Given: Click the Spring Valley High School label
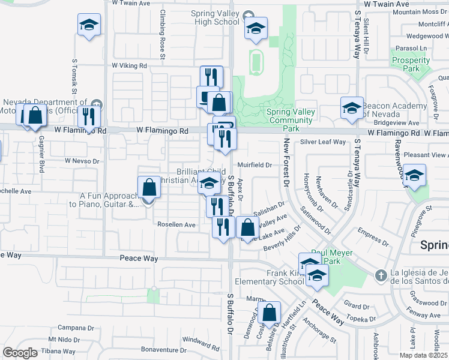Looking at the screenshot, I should tap(214, 18).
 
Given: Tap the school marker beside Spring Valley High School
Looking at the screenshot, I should tap(256, 28).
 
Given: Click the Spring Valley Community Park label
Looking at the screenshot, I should tap(291, 116).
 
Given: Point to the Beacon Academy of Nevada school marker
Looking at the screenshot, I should tap(352, 108).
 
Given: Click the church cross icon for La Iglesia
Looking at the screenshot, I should tap(379, 275).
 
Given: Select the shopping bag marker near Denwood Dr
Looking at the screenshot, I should tap(270, 312).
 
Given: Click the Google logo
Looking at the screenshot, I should tap(20, 352).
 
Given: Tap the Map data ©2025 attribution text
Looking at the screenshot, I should tap(423, 355).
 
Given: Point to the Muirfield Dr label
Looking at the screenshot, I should tap(255, 164).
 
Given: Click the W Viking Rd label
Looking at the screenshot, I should tap(129, 65).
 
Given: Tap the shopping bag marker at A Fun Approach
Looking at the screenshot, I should tap(149, 188).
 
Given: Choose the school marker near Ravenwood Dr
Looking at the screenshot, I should tap(414, 176).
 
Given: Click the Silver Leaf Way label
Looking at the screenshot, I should tap(323, 142).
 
